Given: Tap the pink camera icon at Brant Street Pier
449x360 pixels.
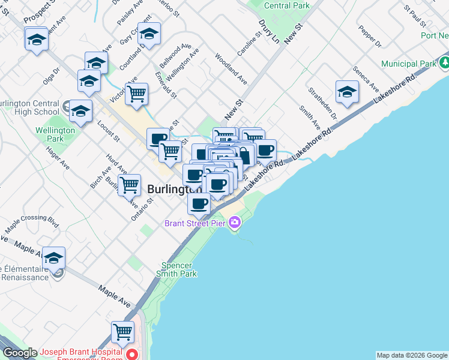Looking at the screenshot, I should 235,224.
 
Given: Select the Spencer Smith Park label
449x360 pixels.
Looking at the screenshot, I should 177,269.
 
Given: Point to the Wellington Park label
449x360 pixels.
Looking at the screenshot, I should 55,134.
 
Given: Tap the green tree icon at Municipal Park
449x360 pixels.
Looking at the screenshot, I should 445,62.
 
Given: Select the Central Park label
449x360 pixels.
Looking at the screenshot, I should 287,5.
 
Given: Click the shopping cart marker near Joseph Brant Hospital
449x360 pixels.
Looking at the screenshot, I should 122,332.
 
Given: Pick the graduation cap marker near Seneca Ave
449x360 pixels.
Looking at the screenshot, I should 347,92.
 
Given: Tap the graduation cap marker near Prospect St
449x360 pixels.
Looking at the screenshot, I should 37,40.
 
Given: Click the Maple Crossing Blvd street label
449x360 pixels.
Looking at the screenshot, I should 31,223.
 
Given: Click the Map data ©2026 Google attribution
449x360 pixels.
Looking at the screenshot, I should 412,355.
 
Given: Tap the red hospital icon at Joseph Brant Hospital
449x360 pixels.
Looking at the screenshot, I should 132,355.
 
